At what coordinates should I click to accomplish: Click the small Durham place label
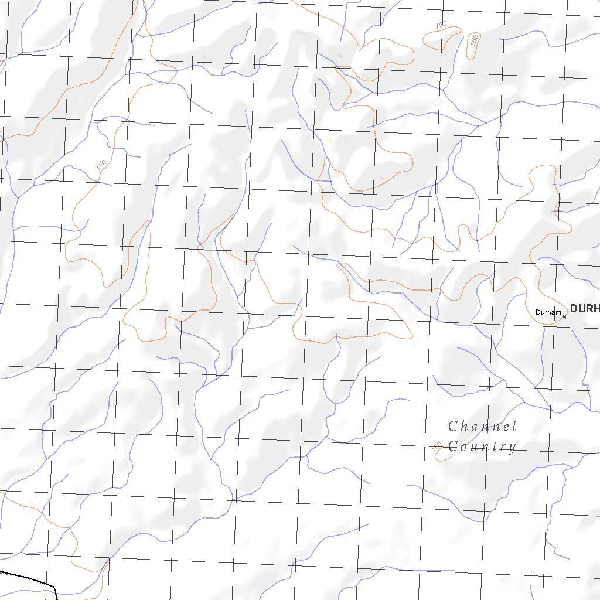548,312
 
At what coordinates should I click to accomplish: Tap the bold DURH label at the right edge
584,308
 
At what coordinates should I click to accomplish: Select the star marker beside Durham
564,317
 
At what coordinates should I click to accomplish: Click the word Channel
482,426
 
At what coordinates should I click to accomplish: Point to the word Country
482,446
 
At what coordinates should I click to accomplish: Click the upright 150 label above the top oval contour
441,25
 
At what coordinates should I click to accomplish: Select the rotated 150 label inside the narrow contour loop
475,40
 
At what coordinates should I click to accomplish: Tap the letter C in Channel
453,426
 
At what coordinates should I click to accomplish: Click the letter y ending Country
512,448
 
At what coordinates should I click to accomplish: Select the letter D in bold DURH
574,308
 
